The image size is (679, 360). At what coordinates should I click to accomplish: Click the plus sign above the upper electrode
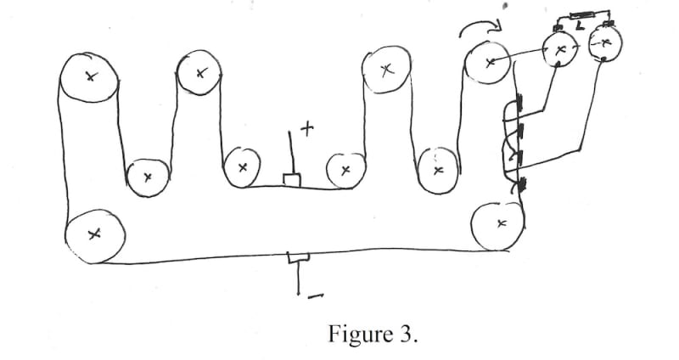(x=306, y=128)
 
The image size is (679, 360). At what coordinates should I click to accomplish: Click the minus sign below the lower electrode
(x=313, y=296)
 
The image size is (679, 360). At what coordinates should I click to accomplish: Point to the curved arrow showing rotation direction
(x=480, y=31)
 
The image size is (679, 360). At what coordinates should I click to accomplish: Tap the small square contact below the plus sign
(x=291, y=180)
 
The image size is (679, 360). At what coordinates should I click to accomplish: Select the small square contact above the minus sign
(x=299, y=257)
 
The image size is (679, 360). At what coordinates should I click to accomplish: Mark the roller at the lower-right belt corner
(x=498, y=225)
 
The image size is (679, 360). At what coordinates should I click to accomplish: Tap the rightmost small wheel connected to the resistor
(x=603, y=45)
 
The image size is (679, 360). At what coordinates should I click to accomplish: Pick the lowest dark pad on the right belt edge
(x=521, y=183)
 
